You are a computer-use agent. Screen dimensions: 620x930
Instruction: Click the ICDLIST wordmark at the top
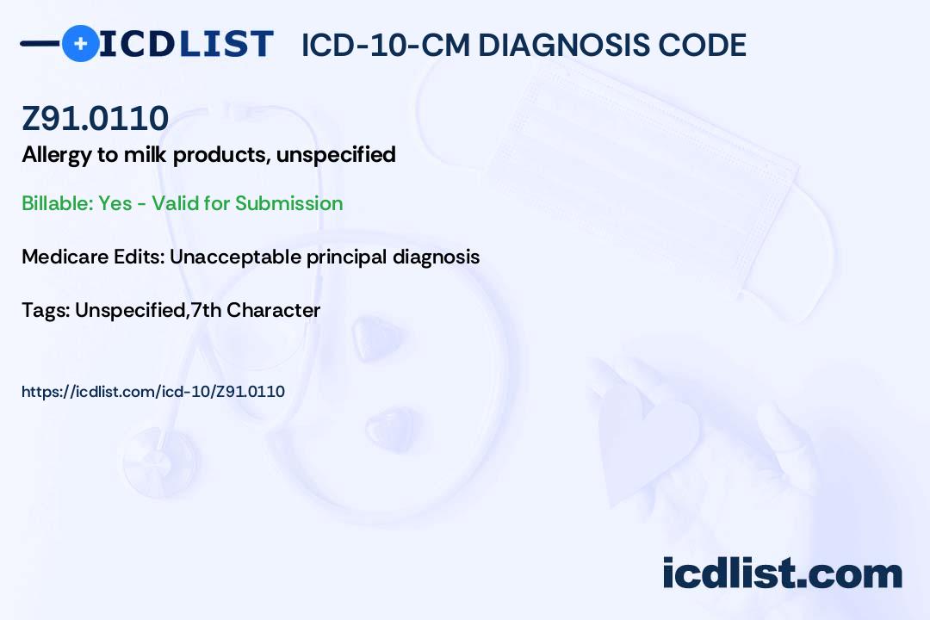pos(186,44)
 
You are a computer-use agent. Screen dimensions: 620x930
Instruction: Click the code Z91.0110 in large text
pos(95,118)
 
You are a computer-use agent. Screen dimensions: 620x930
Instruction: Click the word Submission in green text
pos(288,203)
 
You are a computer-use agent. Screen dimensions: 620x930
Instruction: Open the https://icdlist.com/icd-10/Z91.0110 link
pos(153,392)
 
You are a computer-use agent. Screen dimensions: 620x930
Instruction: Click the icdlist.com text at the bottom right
pos(782,573)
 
